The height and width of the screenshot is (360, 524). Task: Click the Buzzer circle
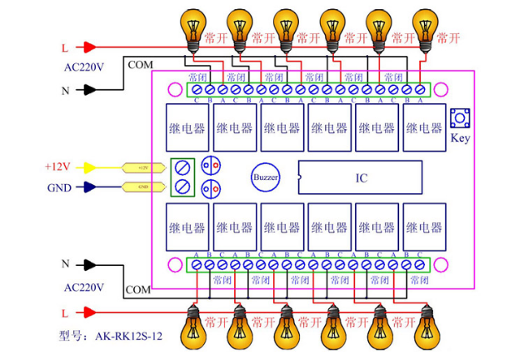click(266, 177)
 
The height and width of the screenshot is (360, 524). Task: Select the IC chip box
click(360, 177)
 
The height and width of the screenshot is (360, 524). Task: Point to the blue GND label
click(58, 187)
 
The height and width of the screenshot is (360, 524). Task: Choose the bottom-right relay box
click(423, 226)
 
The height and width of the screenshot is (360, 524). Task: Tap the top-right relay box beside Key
click(423, 127)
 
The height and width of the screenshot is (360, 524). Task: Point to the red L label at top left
click(65, 48)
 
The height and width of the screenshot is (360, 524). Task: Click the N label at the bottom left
click(65, 264)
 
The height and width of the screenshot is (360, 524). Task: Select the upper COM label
click(139, 64)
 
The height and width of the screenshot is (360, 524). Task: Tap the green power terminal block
click(183, 177)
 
